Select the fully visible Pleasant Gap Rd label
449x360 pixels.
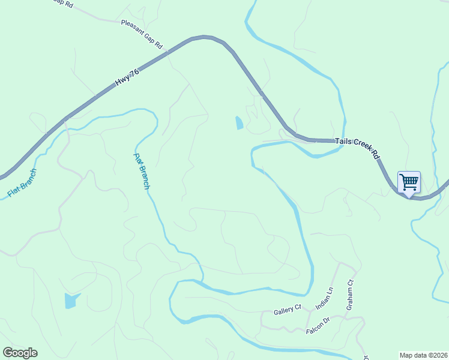click(142, 34)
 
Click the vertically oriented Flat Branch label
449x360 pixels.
click(141, 172)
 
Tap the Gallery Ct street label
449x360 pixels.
click(287, 310)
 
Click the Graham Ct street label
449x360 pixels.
click(350, 295)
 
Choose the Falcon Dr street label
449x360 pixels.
click(318, 326)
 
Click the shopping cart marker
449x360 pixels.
click(409, 182)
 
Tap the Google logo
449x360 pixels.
click(20, 353)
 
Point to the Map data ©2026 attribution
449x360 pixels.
click(423, 355)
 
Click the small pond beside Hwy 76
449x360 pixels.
click(240, 123)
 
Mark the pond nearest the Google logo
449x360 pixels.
click(71, 300)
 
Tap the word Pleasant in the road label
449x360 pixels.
click(133, 28)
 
